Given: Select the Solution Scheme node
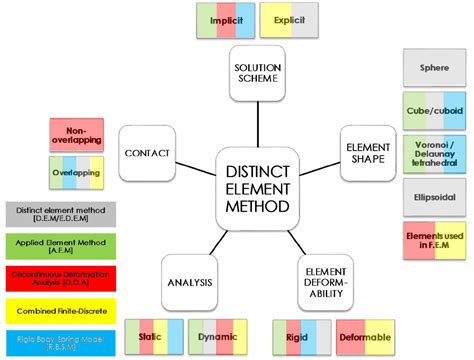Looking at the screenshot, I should (258, 73).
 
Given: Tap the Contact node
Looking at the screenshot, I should (147, 153).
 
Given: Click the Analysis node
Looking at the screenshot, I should (190, 282).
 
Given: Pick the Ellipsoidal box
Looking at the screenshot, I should (433, 197).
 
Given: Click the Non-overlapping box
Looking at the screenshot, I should (75, 135).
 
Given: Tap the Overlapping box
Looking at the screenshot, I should (75, 173).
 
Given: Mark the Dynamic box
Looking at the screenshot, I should (218, 337).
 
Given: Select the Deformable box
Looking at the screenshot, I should (365, 337).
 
